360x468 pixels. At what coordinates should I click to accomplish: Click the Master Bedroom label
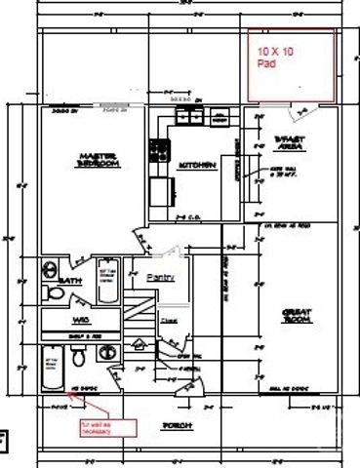[100, 160]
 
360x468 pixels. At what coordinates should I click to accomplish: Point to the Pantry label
[160, 277]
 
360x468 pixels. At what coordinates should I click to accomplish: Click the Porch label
[178, 427]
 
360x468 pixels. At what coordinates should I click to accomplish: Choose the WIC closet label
[80, 320]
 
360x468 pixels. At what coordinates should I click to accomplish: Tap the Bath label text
[70, 281]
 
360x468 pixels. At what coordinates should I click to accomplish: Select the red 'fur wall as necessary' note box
[98, 427]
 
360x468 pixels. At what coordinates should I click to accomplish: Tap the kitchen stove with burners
[157, 151]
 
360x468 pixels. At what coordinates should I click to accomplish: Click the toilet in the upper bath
[52, 292]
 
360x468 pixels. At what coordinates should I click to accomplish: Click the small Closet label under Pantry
[168, 318]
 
